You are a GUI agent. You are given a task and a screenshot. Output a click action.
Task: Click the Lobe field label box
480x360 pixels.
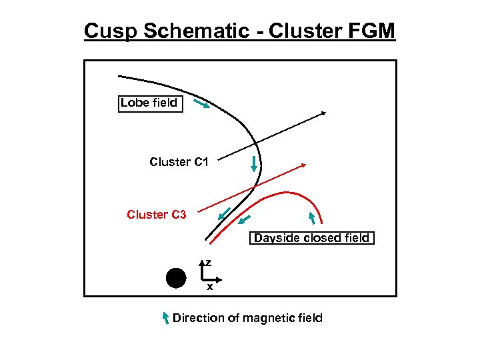point(150,103)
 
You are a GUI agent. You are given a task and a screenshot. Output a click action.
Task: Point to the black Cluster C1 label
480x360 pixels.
point(179,162)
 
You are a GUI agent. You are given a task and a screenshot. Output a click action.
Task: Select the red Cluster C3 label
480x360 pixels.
point(157,215)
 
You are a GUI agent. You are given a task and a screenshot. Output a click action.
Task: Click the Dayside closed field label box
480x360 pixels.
point(311,238)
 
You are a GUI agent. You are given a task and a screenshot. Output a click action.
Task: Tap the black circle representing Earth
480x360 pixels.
point(176,277)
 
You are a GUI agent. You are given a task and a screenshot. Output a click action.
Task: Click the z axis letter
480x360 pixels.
point(208,263)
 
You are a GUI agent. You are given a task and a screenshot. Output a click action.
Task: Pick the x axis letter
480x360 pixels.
point(209,287)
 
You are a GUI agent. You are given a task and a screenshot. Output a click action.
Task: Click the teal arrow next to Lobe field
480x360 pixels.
point(201,105)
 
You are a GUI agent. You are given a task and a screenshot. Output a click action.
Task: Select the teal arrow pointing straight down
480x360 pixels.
point(254,164)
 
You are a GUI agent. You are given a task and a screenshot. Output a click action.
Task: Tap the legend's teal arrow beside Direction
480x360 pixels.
point(166,318)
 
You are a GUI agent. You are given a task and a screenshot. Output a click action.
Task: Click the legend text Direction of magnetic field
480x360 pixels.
point(247,318)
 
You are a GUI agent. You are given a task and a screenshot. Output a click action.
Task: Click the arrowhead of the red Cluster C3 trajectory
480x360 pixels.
point(303,164)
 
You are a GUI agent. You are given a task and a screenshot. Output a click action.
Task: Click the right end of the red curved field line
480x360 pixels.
point(322,223)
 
